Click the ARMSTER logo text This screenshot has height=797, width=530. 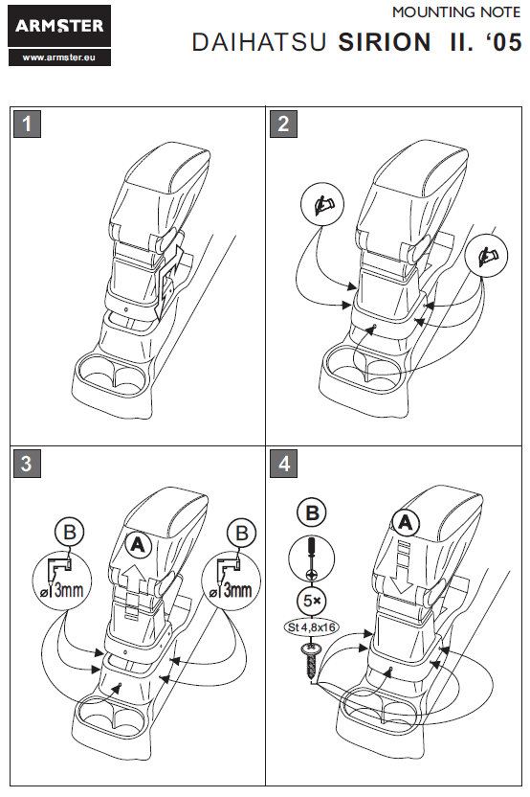click(x=59, y=26)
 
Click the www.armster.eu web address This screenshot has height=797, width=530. click(x=59, y=57)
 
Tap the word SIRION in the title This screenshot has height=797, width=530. click(x=385, y=42)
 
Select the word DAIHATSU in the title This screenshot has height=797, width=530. click(x=259, y=42)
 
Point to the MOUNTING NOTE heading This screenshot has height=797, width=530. click(x=456, y=12)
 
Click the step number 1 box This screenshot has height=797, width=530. click(x=27, y=124)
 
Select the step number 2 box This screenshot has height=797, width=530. click(x=283, y=124)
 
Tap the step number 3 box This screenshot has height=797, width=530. click(x=27, y=464)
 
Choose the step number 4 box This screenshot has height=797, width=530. click(x=283, y=464)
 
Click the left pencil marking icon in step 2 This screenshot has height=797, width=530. click(x=321, y=205)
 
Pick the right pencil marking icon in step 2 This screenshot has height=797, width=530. click(x=486, y=256)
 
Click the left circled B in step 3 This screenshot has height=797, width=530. click(x=70, y=533)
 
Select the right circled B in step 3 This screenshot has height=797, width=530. click(x=242, y=534)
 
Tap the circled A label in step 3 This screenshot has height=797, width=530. click(x=138, y=545)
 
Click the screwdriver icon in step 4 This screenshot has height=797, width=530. click(x=311, y=558)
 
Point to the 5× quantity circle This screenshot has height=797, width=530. click(x=312, y=601)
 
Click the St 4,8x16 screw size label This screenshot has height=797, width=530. click(x=311, y=627)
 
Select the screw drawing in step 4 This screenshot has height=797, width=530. click(x=311, y=661)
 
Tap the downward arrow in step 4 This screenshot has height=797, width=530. click(x=404, y=568)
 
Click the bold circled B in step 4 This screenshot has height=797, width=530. click(x=312, y=512)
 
